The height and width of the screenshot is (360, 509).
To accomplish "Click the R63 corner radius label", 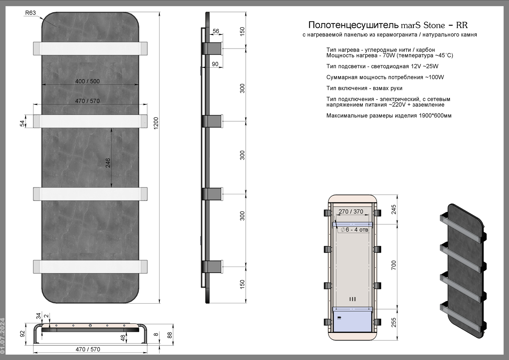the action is pos(31,13).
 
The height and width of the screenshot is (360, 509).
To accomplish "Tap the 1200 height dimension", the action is pos(156,123).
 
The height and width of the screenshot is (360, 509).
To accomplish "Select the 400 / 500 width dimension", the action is pos(88,81).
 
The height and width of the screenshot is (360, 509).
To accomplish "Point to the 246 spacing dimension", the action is pos(108,163).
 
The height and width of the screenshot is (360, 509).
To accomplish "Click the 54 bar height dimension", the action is pos(22,124).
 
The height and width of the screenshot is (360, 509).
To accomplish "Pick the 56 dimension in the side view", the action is pos(216,31).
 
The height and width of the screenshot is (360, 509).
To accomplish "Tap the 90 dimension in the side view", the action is pos(215,64).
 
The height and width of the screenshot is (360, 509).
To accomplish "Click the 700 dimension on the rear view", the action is pos(394,265).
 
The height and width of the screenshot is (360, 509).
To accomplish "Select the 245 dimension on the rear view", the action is pos(394,210).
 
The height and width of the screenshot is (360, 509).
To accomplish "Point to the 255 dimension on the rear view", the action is pos(394,323).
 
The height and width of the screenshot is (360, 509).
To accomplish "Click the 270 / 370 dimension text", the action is pos(351,212).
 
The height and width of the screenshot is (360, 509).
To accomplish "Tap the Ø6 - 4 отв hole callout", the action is pos(354,230).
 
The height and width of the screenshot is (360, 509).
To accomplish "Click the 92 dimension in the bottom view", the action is pos(22,334).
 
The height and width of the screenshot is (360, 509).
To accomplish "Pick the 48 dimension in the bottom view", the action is pos(123,338).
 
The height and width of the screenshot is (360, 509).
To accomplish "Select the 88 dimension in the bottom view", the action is pos(170,335).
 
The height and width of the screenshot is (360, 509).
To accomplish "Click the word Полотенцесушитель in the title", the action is pos(353,25).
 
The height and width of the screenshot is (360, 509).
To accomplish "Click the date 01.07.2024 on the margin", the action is pos(2,336).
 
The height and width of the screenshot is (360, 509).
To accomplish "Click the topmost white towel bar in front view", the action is pos(90,49).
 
